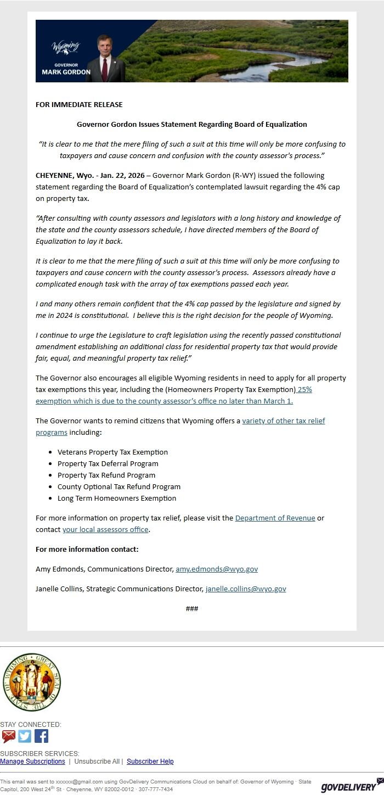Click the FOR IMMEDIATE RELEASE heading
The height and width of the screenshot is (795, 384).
coord(79,104)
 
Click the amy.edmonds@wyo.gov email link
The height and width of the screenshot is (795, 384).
coord(217,569)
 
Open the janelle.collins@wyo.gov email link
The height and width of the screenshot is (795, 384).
coord(246,589)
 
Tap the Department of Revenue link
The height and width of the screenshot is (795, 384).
coord(275,518)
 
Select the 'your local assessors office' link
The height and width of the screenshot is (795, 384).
coord(105,530)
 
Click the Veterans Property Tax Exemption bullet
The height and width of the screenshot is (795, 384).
coord(112,452)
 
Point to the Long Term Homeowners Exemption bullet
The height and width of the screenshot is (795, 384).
coord(117,499)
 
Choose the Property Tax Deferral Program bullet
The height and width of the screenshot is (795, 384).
coord(108,464)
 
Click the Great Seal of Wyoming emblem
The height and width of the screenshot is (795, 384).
coord(32,682)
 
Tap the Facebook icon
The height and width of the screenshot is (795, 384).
coord(42,736)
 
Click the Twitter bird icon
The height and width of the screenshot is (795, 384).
coord(25,736)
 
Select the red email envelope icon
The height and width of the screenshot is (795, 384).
coord(8,736)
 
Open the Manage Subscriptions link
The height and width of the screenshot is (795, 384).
coord(32,762)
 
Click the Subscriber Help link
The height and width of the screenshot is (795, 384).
coord(150,762)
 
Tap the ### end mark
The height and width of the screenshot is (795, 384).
coord(192,609)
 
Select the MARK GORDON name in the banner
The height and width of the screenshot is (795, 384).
coord(66,72)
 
